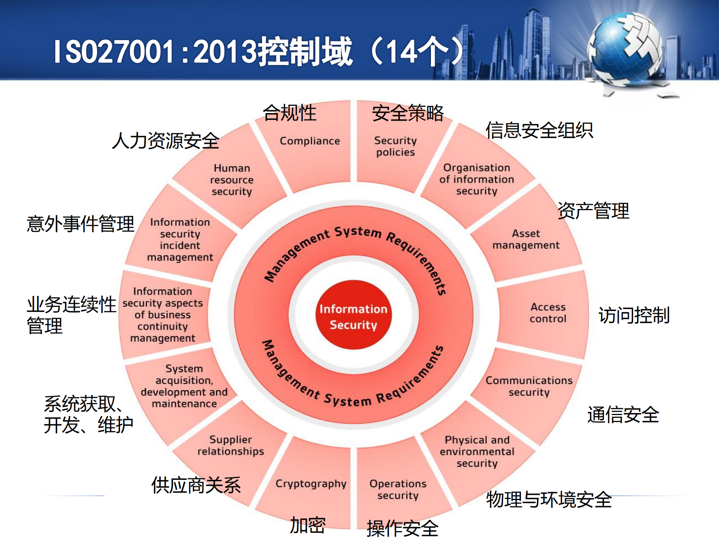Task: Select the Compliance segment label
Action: [x=309, y=141]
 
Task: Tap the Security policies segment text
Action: [x=395, y=146]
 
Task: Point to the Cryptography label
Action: [x=311, y=484]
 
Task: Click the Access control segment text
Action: [x=548, y=313]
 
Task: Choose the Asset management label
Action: [x=526, y=239]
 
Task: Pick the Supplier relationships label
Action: [x=231, y=445]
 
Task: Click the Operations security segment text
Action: [x=398, y=490]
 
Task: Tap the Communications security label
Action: [x=529, y=386]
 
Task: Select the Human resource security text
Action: [x=232, y=180]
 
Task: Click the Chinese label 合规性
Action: [x=290, y=113]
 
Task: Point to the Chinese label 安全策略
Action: [x=408, y=113]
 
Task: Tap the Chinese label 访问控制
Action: [x=634, y=315]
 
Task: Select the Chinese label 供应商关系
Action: [x=196, y=485]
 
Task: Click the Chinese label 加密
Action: [x=308, y=525]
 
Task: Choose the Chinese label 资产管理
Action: [x=593, y=211]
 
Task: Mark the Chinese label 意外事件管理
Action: [x=80, y=224]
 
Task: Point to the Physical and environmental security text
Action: [x=477, y=451]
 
